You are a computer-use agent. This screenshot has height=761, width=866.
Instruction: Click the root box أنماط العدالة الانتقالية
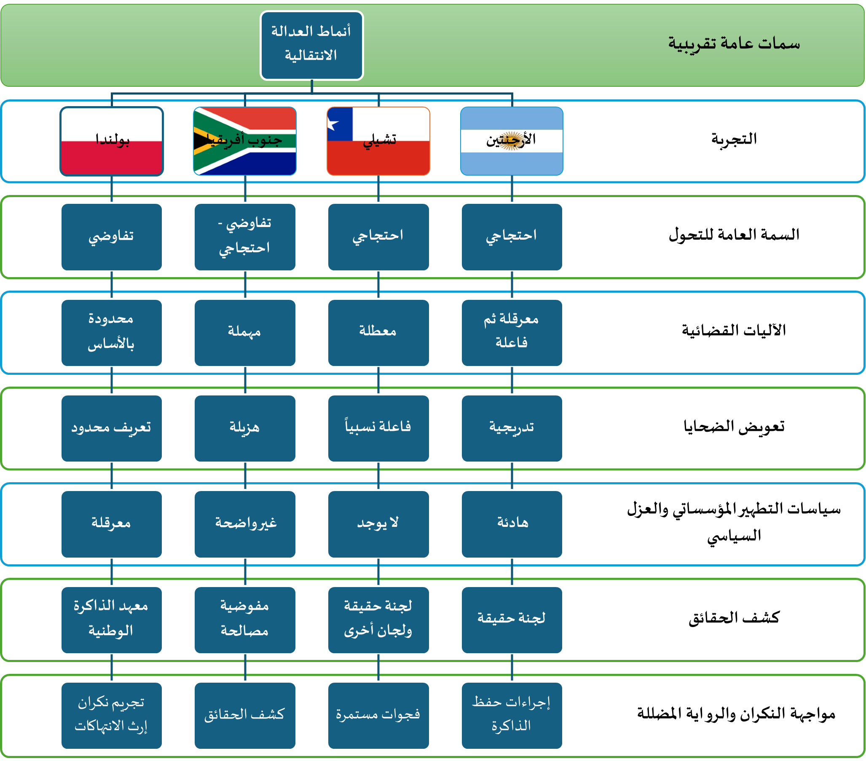311,45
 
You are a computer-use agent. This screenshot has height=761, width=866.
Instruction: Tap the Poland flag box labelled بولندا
111,141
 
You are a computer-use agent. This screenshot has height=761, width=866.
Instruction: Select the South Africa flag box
245,141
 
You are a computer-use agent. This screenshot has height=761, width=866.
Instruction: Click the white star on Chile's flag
333,125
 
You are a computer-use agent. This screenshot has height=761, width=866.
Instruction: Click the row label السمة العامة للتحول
734,234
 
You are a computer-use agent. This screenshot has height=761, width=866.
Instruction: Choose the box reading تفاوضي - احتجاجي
245,237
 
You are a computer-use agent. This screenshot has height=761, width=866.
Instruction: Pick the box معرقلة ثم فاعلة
512,332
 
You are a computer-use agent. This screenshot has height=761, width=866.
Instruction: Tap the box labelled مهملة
245,332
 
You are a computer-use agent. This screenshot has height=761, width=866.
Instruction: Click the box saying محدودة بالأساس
111,332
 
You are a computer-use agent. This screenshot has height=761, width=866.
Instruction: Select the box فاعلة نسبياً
378,428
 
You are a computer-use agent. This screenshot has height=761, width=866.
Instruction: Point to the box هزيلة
245,428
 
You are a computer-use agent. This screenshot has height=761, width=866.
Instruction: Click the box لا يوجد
378,524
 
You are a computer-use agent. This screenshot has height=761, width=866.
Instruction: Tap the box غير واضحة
245,524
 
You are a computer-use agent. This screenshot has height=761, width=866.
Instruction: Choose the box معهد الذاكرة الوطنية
111,619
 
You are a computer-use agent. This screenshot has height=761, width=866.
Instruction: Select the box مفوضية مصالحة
245,619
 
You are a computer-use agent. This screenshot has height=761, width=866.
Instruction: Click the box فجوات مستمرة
378,715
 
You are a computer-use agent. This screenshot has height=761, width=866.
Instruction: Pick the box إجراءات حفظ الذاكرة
512,715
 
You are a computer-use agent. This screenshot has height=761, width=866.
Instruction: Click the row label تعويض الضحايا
734,426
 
